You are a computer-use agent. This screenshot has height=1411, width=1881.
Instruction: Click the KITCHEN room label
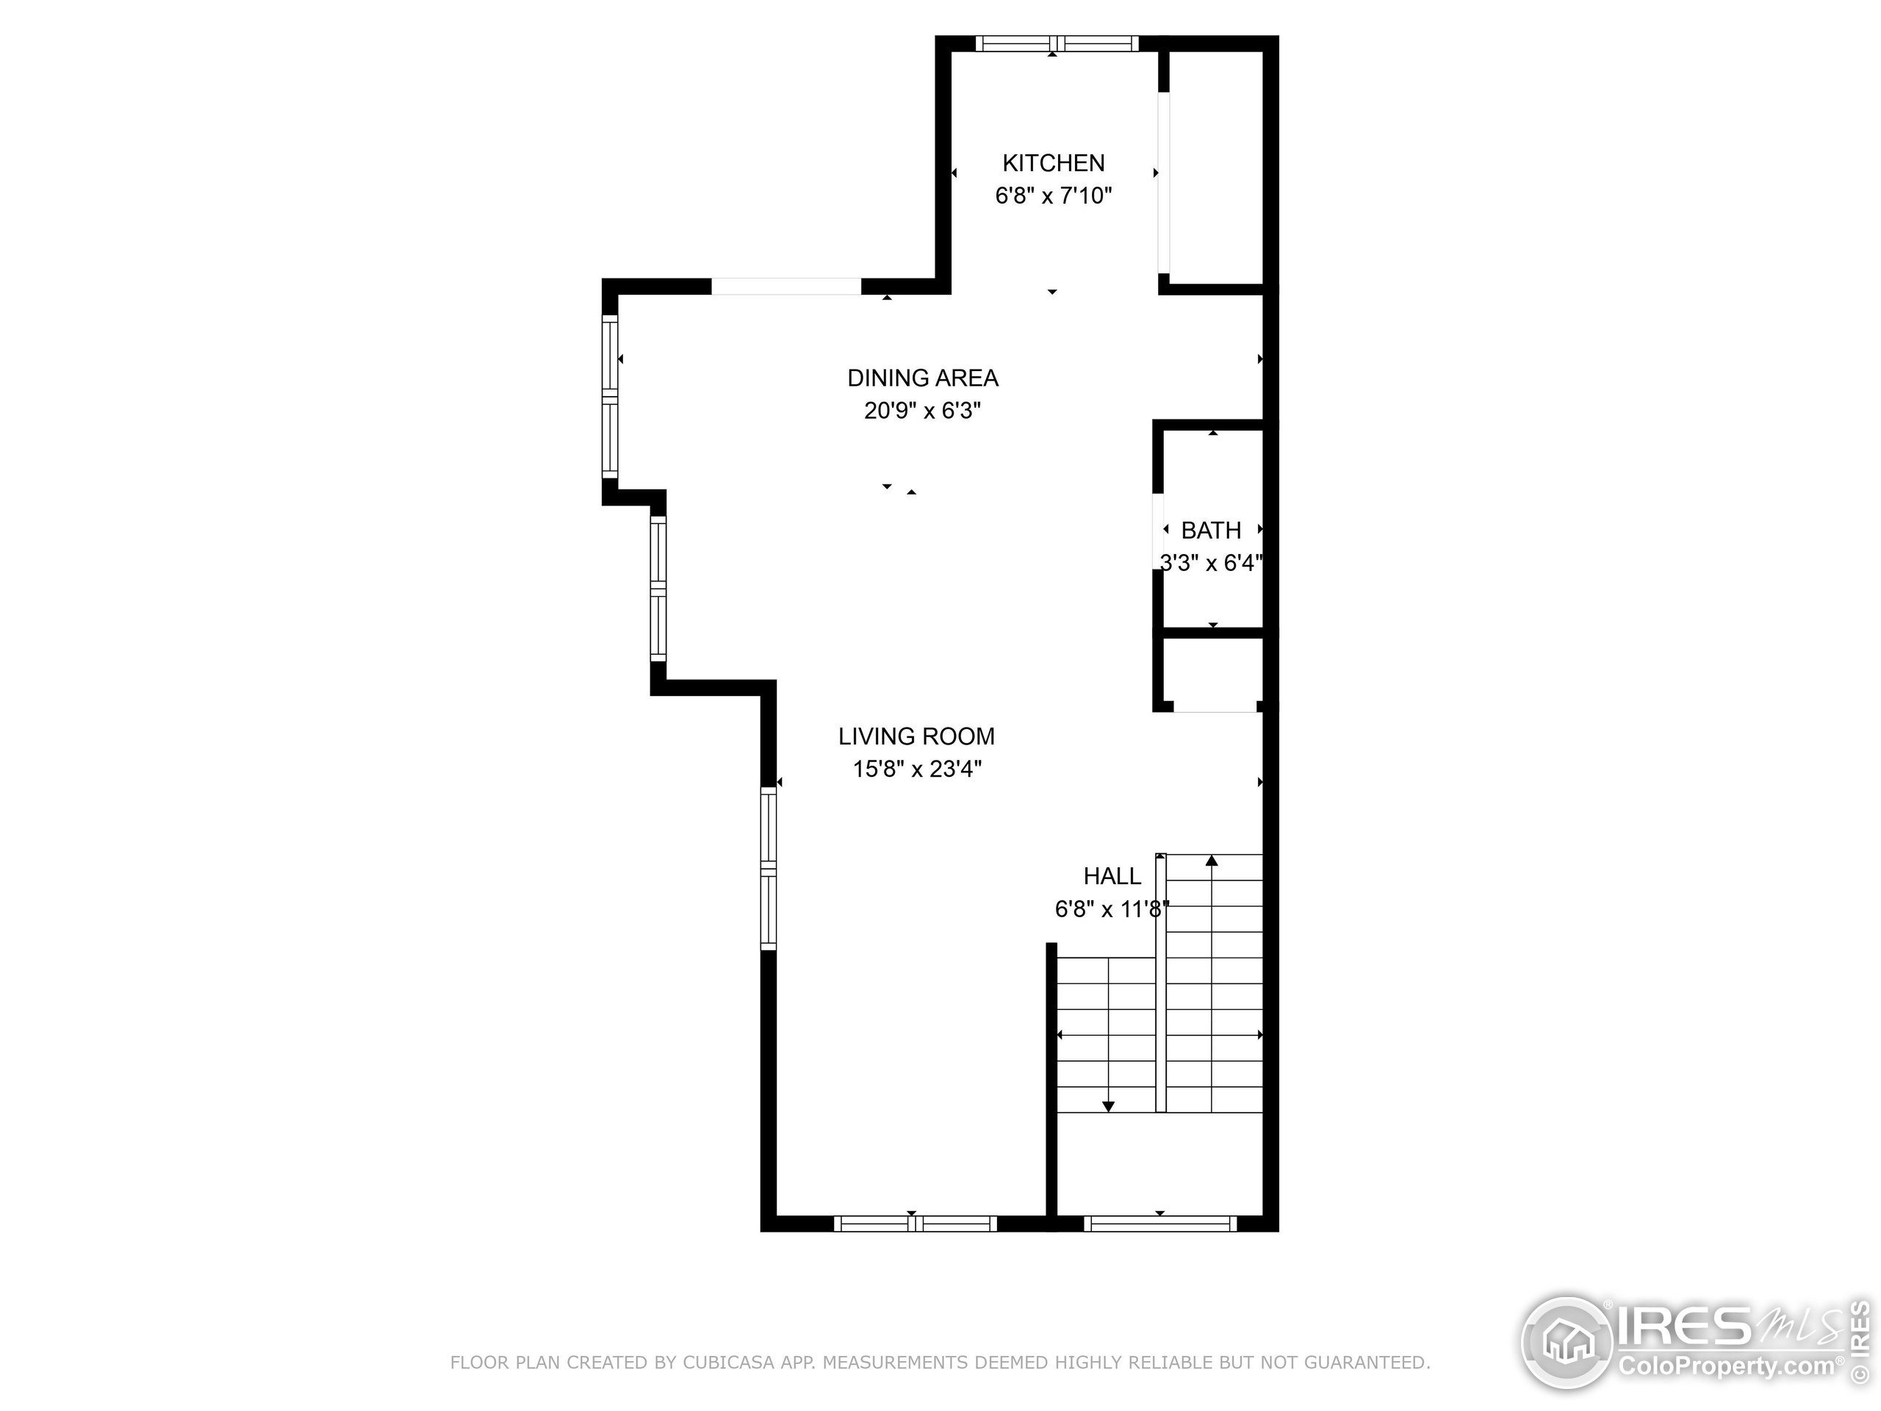tap(1053, 162)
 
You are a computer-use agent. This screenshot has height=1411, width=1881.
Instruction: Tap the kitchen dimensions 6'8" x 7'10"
tap(1053, 195)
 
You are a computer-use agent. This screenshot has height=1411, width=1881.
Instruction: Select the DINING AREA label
tap(923, 378)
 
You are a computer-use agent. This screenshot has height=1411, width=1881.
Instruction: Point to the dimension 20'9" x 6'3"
tap(923, 411)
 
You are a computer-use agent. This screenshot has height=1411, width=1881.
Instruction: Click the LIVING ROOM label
tap(916, 736)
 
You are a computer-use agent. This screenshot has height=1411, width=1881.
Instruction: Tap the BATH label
tap(1211, 531)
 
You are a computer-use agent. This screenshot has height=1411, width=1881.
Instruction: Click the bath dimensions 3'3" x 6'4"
tap(1211, 563)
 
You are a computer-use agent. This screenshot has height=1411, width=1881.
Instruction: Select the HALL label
tap(1112, 876)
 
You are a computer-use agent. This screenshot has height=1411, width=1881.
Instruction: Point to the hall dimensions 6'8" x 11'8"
tap(1112, 909)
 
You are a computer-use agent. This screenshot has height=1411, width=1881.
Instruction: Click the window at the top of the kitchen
tap(1056, 43)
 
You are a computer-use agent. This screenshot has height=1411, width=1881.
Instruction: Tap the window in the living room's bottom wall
tap(914, 1224)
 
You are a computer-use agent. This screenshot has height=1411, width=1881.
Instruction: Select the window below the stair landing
tap(1160, 1224)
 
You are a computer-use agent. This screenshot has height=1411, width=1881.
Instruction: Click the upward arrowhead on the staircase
tap(1212, 861)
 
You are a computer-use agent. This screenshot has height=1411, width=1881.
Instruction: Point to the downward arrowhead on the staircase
tap(1108, 1106)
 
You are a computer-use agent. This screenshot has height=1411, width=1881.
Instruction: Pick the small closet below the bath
tap(1211, 672)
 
